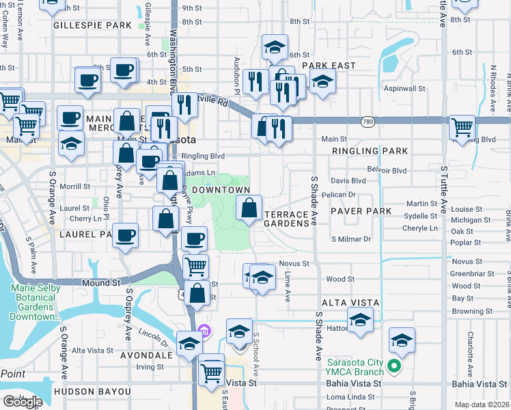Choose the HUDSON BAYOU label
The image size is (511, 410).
pyautogui.click(x=92, y=392)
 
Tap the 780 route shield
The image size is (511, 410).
pyautogui.click(x=368, y=121)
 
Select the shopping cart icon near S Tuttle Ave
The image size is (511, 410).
pyautogui.click(x=462, y=127)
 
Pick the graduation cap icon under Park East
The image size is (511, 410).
pyautogui.click(x=322, y=81)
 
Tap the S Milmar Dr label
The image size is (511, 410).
pyautogui.click(x=350, y=239)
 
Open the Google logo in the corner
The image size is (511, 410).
pyautogui.click(x=23, y=402)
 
